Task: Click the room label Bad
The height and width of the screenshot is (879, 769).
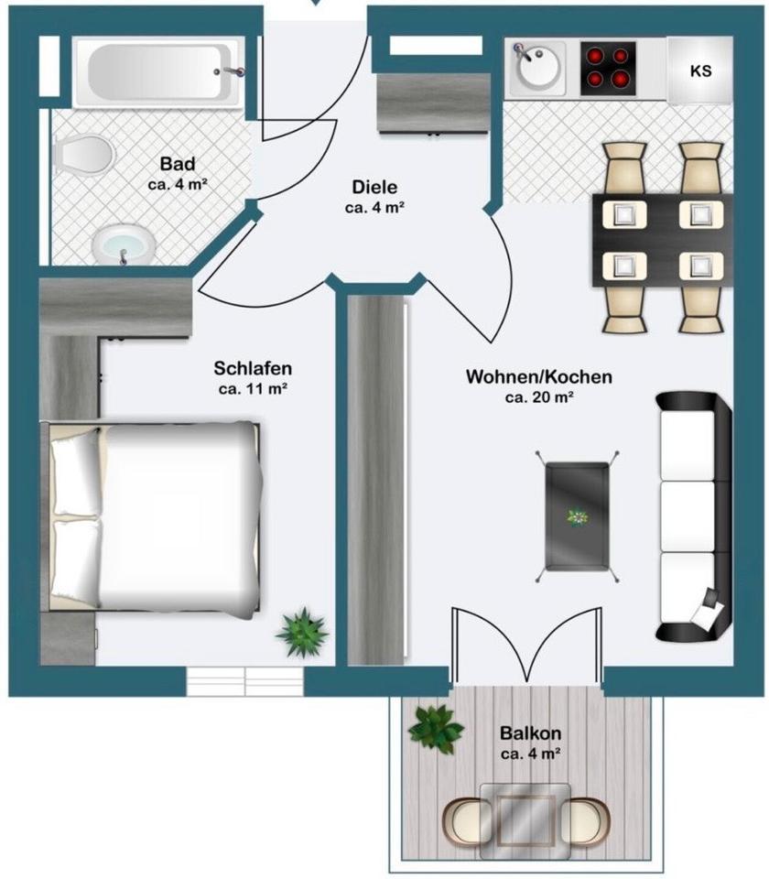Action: pyautogui.click(x=178, y=164)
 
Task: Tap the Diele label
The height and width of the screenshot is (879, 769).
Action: pyautogui.click(x=374, y=188)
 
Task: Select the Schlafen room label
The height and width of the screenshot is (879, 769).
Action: pyautogui.click(x=253, y=368)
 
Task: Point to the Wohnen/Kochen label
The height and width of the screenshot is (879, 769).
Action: pyautogui.click(x=539, y=376)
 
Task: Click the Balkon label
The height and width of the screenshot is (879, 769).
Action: pyautogui.click(x=530, y=733)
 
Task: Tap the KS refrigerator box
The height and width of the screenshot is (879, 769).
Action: pyautogui.click(x=699, y=71)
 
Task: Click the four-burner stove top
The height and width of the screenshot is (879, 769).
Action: pyautogui.click(x=609, y=70)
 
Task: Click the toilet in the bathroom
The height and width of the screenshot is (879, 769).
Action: pyautogui.click(x=80, y=154)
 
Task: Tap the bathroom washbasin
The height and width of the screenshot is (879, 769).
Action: pyautogui.click(x=121, y=245)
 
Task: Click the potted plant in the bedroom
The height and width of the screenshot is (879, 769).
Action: pyautogui.click(x=302, y=631)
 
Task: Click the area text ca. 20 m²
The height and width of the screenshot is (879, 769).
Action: pyautogui.click(x=539, y=397)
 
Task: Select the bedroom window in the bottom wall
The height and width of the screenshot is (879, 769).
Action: pyautogui.click(x=244, y=681)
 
